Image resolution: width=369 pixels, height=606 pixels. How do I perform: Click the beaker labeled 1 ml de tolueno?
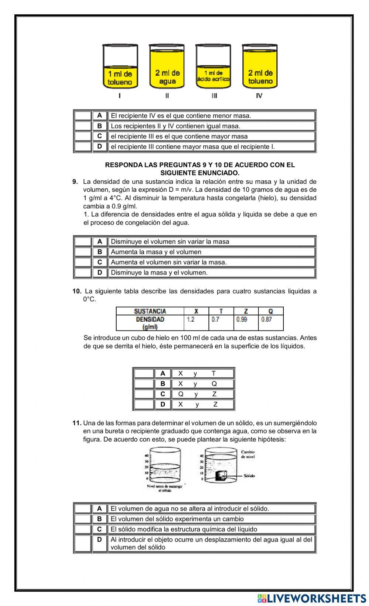[120, 67]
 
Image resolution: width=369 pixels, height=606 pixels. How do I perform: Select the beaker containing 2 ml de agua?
[167, 67]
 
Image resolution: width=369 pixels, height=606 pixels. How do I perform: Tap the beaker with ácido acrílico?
[214, 67]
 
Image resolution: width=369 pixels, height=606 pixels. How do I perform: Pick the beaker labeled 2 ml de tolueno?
[260, 67]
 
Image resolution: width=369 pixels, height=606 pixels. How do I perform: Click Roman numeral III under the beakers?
[214, 96]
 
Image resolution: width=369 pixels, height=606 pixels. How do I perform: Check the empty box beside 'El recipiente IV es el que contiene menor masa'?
[83, 116]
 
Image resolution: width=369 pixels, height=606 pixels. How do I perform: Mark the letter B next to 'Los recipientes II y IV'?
[100, 126]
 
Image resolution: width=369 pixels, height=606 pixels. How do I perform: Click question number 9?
[75, 181]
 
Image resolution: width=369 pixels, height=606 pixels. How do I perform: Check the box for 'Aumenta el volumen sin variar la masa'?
[83, 262]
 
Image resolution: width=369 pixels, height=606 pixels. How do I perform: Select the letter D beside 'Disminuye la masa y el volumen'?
[100, 273]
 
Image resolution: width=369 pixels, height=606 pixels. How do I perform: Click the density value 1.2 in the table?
[191, 319]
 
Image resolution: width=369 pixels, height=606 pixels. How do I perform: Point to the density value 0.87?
[266, 319]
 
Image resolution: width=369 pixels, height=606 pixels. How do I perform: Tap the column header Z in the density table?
[246, 311]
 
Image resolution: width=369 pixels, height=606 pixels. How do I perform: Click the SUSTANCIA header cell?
[150, 311]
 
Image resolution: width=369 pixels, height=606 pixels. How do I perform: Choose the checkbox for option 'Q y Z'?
[144, 394]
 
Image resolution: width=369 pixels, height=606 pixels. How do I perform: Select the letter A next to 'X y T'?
[163, 373]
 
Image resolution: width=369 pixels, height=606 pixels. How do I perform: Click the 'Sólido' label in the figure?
[249, 476]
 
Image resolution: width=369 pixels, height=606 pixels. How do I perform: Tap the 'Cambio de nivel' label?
[248, 454]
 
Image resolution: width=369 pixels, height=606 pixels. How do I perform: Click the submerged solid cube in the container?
[221, 476]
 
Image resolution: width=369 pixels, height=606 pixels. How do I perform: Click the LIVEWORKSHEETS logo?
[311, 598]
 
